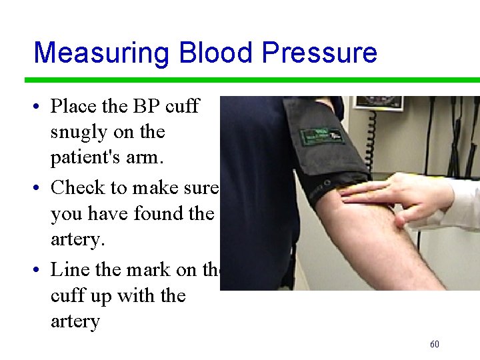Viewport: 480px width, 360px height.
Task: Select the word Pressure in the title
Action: [319, 53]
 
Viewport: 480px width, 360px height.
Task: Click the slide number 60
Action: [435, 344]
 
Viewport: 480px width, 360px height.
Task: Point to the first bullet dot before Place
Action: [39, 107]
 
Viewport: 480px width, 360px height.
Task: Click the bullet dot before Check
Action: [39, 189]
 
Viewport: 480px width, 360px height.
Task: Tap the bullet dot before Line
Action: [39, 271]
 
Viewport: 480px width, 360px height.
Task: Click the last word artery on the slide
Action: [75, 322]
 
